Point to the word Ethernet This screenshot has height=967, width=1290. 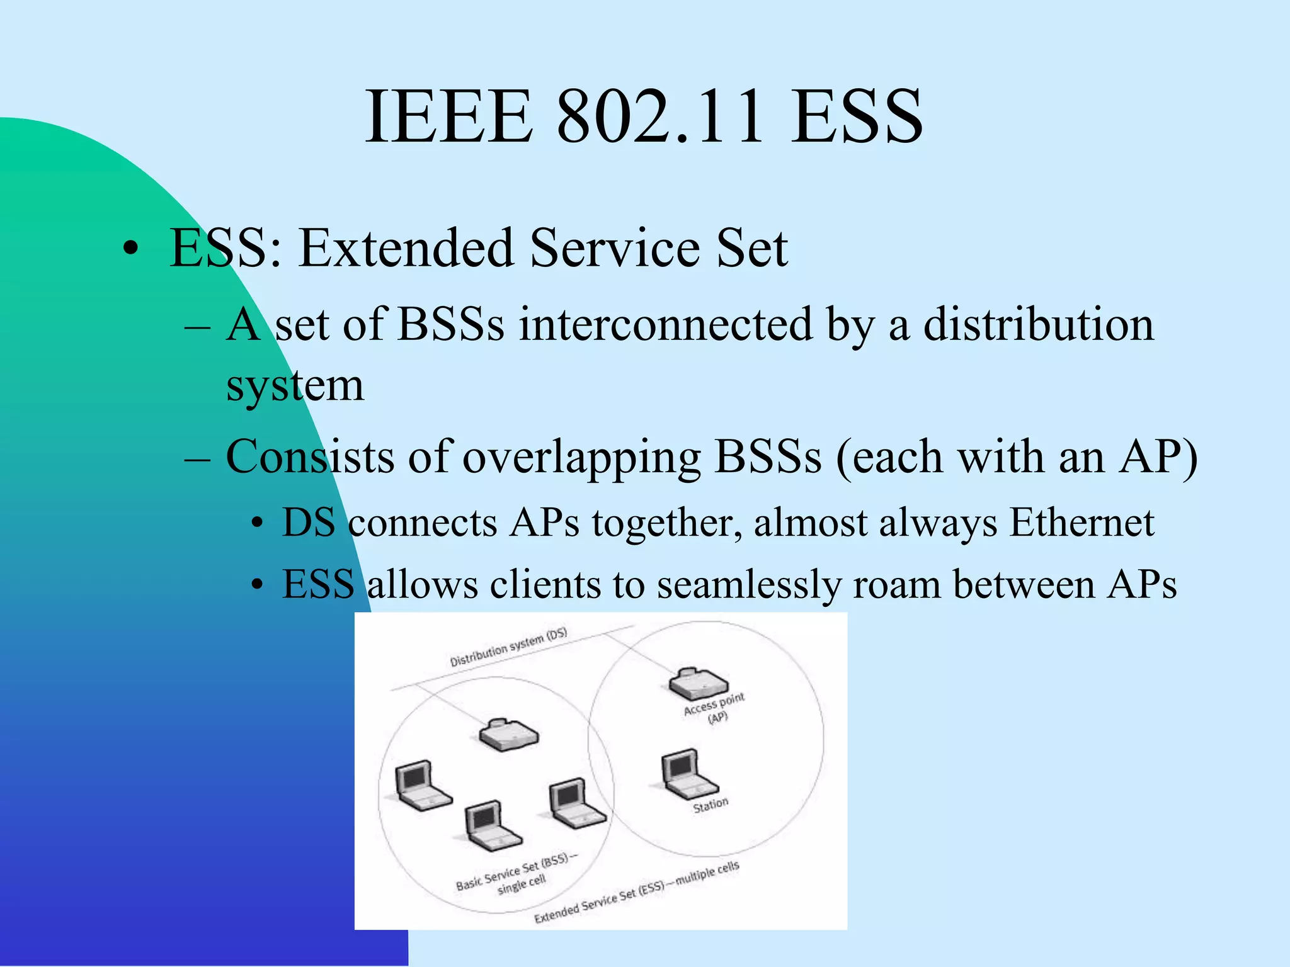[1082, 523]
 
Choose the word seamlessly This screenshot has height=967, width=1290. [749, 584]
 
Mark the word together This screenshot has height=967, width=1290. [668, 524]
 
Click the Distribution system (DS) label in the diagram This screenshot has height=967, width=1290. [508, 647]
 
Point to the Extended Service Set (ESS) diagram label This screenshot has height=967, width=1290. [636, 892]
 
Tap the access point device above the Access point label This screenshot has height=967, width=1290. [698, 682]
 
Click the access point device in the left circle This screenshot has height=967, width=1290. [508, 734]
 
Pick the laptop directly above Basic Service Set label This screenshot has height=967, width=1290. [491, 825]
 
